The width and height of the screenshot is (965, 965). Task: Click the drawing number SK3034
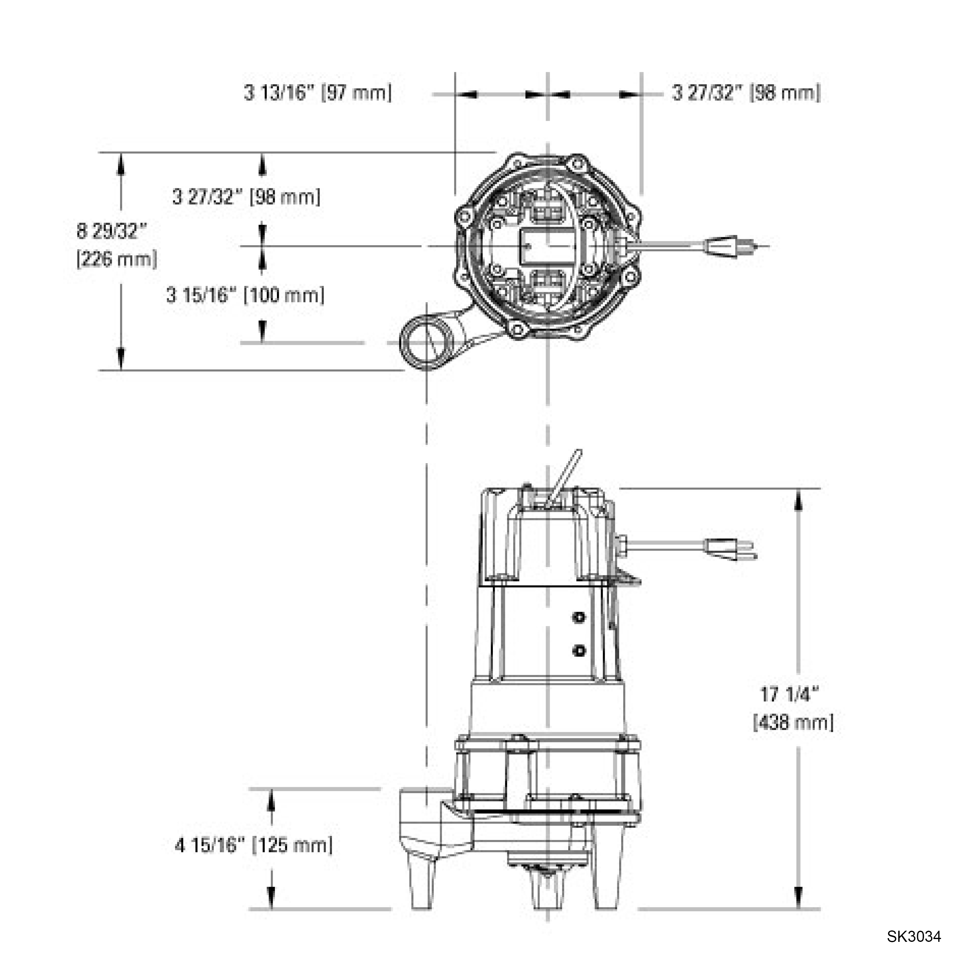click(x=913, y=936)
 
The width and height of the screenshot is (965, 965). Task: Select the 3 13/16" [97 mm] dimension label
click(x=318, y=93)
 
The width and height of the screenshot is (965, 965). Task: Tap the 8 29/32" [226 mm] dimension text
click(x=117, y=245)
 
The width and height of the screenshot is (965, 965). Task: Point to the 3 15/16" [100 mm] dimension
click(x=245, y=295)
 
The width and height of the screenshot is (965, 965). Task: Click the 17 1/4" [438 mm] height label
click(x=793, y=708)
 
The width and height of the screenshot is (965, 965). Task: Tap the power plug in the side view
click(x=731, y=550)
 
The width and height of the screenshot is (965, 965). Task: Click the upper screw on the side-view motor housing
click(x=579, y=618)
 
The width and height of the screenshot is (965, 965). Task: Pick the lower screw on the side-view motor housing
click(x=579, y=651)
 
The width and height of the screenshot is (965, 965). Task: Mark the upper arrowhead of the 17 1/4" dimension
click(x=798, y=499)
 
